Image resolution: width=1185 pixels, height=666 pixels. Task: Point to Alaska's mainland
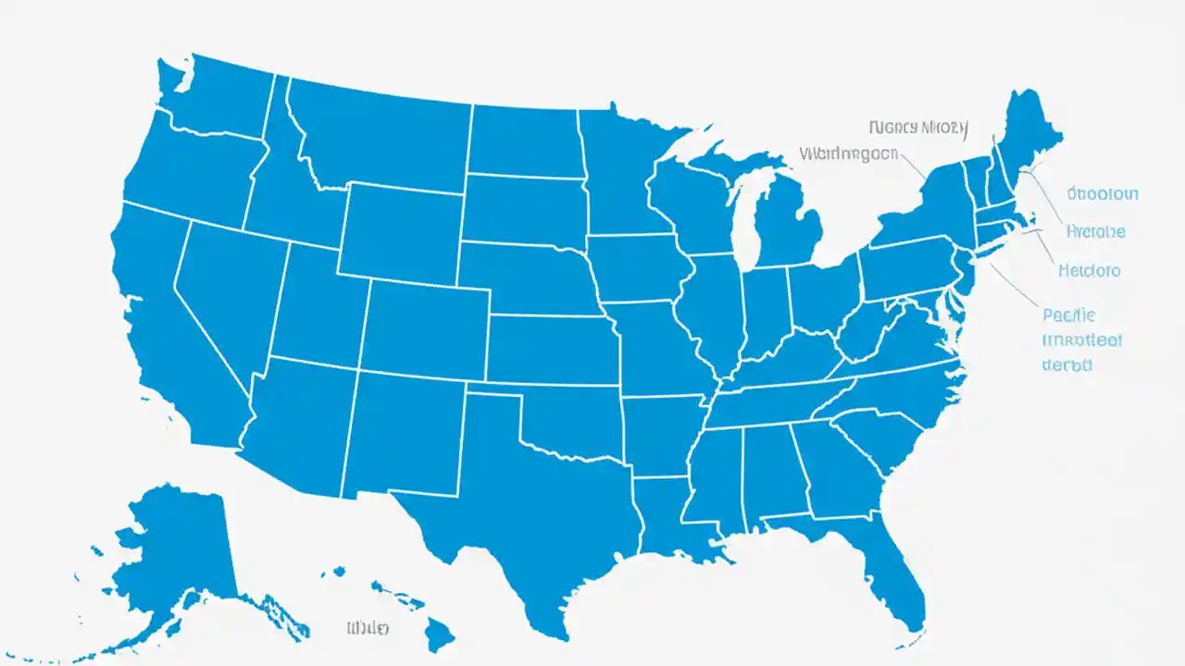coord(176,546)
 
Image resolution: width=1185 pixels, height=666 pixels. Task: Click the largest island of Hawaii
coord(439,633)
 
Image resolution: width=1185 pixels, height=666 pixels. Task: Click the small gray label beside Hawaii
coord(368,628)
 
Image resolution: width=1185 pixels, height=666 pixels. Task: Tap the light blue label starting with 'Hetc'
coord(1089,271)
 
